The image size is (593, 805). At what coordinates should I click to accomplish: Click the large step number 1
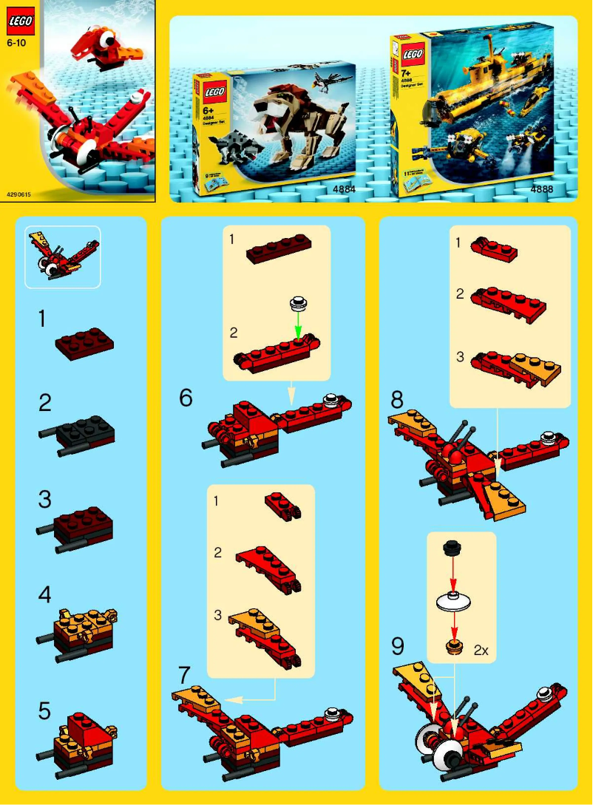[x=43, y=319]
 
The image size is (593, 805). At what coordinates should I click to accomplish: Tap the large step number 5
[x=45, y=711]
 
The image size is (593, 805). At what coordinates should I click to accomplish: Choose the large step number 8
[x=398, y=401]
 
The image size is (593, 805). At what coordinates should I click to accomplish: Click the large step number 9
[x=398, y=647]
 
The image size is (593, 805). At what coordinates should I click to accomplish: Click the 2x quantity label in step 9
[x=481, y=651]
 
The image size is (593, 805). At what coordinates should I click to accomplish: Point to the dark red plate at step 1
[x=84, y=344]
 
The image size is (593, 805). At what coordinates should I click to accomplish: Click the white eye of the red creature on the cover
[x=109, y=39]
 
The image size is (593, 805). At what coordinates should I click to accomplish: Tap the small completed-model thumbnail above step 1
[x=63, y=257]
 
